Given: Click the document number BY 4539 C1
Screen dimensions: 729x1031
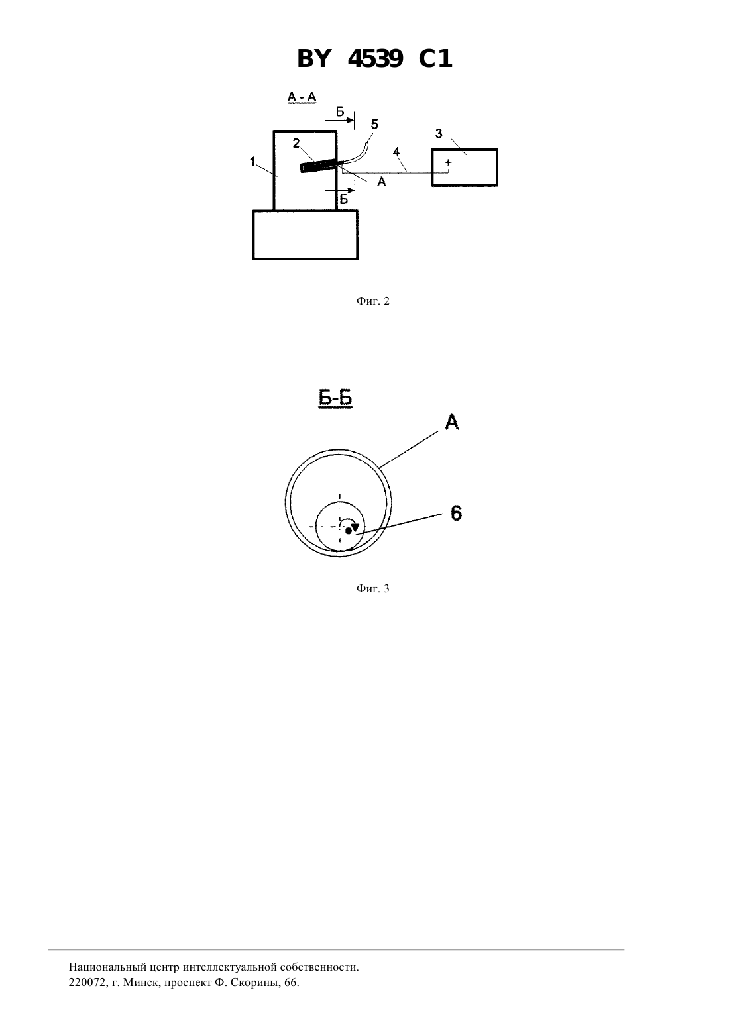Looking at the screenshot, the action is point(374,59).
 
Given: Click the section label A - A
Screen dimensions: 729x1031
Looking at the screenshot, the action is point(302,97).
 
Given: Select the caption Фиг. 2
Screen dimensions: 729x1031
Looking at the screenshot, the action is point(372,301).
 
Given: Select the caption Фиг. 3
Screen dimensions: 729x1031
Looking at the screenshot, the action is point(372,588).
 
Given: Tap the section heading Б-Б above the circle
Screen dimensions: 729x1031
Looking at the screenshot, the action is point(335,398).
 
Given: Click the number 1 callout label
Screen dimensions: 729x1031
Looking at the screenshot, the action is point(252,162).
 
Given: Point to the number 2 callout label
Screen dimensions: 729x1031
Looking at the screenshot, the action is point(296,143).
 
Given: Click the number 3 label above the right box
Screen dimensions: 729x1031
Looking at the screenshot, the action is point(439,133).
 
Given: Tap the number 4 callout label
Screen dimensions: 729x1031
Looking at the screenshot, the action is point(396,152).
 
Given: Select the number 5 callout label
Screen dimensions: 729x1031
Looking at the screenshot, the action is point(374,125).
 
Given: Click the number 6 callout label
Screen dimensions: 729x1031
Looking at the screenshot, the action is point(456,513).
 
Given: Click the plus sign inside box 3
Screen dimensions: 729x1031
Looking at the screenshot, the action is point(448,162).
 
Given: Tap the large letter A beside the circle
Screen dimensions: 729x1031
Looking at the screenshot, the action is point(452,422).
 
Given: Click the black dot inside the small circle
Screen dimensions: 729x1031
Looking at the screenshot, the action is point(349,531).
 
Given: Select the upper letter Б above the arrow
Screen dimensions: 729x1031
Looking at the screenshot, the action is point(340,112).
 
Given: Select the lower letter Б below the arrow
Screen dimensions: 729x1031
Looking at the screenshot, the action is point(344,199).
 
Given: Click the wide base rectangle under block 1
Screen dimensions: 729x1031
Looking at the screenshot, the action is point(305,235).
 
